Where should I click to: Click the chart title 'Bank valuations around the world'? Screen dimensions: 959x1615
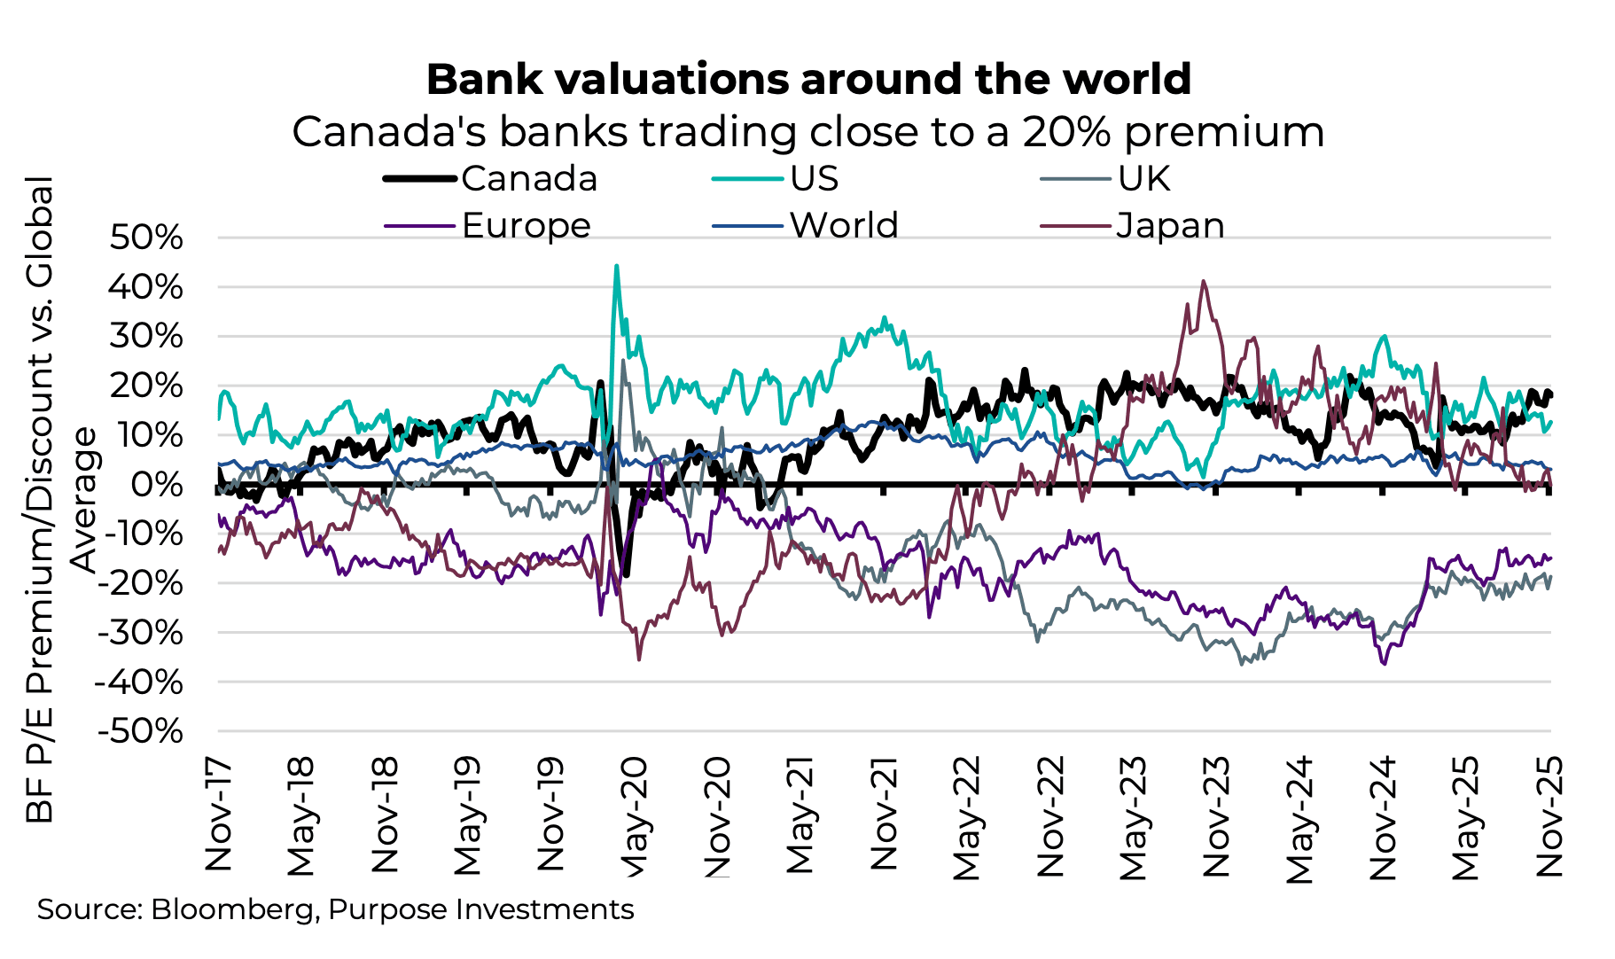click(807, 80)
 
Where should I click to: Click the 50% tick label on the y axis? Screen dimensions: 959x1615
click(146, 238)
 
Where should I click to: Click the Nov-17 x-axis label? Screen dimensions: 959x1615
click(218, 814)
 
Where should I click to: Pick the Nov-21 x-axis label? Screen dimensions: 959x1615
click(884, 814)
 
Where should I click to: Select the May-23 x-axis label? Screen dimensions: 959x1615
click(1133, 817)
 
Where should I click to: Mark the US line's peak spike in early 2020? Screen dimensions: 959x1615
click(616, 266)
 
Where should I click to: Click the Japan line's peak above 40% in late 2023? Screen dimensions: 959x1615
click(1203, 282)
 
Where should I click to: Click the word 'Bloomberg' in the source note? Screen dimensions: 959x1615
click(231, 910)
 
